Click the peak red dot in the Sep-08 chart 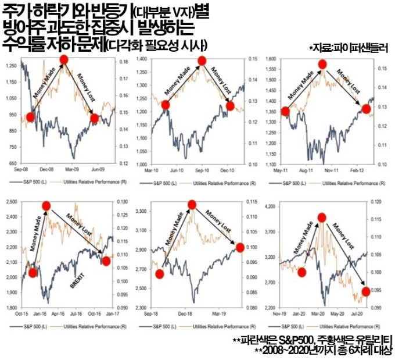pyautogui.click(x=63, y=60)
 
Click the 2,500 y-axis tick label pyautogui.click(x=12, y=201)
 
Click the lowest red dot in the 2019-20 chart pyautogui.click(x=365, y=291)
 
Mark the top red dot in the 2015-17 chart pyautogui.click(x=46, y=205)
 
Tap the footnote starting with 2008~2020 pyautogui.click(x=322, y=350)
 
